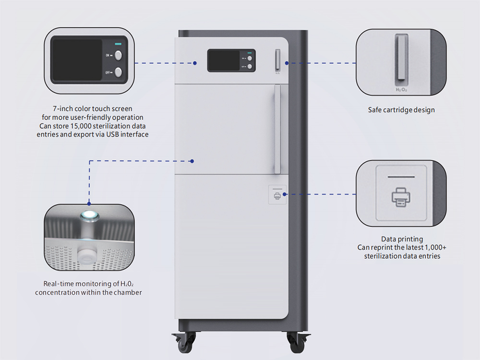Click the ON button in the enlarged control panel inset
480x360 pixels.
(118, 55)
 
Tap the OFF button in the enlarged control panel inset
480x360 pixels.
(118, 72)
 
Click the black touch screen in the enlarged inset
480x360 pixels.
(77, 60)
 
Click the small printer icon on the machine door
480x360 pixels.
(277, 195)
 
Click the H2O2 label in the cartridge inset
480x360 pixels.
(401, 89)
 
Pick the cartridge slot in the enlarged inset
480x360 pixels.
(401, 58)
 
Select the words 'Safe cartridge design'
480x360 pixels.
(401, 110)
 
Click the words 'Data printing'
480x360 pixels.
(402, 239)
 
